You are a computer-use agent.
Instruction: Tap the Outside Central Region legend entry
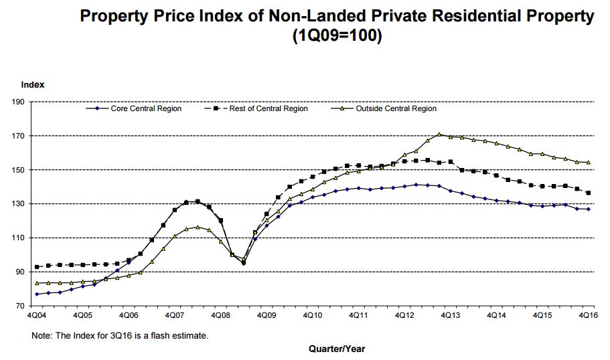point(396,108)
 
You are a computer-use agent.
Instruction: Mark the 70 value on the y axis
point(17,306)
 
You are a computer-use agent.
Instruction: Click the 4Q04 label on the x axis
point(36,314)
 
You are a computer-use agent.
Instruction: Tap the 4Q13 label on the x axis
point(449,314)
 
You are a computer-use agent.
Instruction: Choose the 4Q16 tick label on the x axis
point(587,314)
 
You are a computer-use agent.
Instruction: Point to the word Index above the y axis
point(33,85)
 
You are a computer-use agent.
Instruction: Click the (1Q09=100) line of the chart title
point(337,36)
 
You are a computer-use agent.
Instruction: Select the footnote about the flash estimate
point(121,335)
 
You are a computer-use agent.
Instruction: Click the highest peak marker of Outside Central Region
point(439,134)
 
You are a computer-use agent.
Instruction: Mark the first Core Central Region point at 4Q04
point(36,294)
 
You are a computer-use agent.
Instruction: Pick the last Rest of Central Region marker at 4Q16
point(588,193)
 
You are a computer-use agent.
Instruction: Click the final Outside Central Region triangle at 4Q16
point(588,162)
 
